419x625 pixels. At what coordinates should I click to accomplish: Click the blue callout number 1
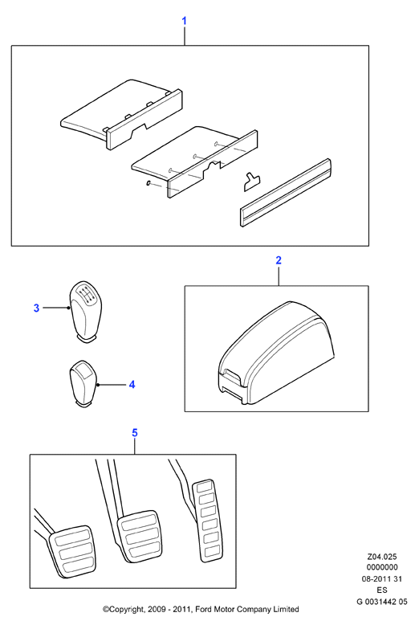(184, 21)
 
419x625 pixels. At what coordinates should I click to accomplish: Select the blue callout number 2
(279, 260)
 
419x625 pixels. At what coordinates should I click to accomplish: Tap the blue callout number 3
(36, 308)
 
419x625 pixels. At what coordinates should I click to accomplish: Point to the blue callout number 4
(132, 385)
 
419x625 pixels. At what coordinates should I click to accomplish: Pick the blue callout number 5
(135, 433)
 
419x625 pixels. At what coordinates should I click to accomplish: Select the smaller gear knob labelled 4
(83, 383)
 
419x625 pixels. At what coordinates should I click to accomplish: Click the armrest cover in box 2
(276, 353)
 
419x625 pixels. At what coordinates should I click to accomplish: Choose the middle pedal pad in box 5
(140, 536)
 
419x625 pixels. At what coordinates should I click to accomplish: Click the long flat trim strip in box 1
(286, 193)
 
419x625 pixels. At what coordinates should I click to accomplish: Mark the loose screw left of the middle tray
(148, 183)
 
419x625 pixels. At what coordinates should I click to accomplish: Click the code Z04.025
(382, 557)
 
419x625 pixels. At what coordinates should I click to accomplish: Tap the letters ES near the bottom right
(382, 590)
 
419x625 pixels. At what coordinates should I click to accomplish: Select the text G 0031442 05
(382, 602)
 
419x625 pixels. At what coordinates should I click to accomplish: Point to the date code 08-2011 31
(382, 579)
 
